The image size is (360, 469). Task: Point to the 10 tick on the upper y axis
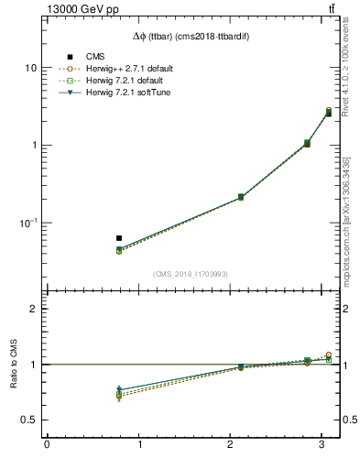31,68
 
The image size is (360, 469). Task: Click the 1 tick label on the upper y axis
34,146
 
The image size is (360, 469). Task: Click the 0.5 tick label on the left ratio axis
29,420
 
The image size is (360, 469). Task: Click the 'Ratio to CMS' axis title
13,364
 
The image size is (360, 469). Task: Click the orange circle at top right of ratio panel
329,354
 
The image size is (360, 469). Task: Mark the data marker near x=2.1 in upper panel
241,197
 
